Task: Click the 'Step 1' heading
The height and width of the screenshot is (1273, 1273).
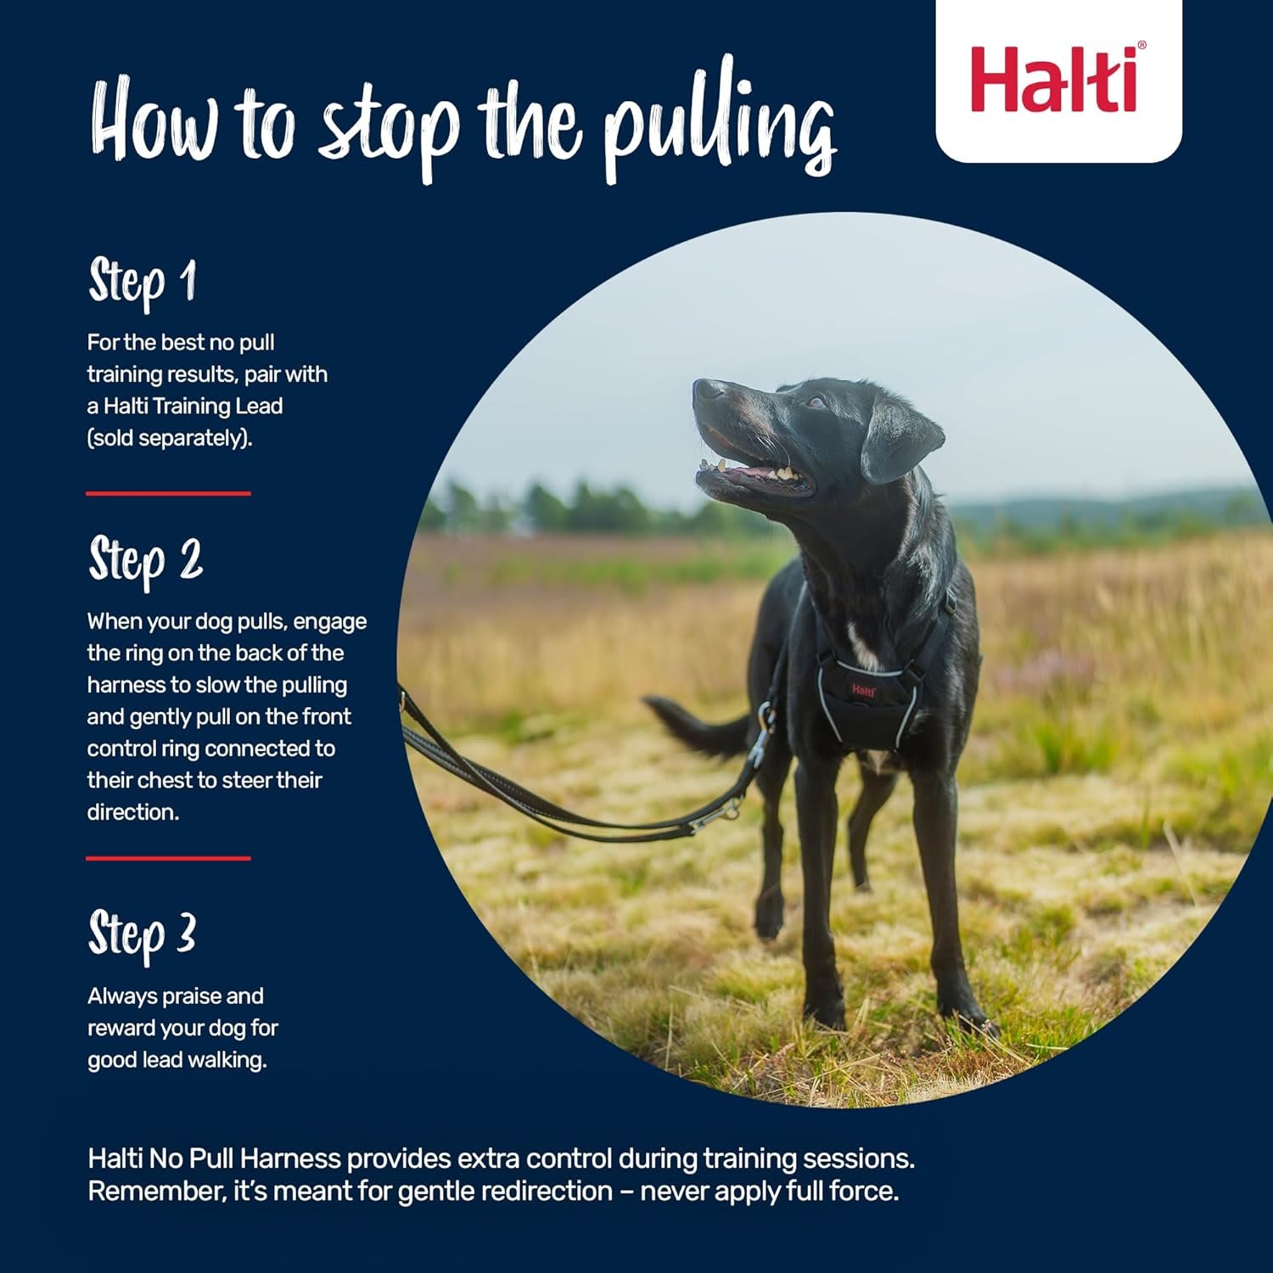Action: (x=143, y=282)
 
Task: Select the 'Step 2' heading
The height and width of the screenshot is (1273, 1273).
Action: (x=146, y=561)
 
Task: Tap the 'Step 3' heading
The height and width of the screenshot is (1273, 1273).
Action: (x=143, y=934)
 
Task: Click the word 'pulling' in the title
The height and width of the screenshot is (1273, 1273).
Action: (x=719, y=127)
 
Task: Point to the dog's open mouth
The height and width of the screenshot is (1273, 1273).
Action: (x=751, y=474)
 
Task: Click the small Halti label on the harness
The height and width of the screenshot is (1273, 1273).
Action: (x=863, y=690)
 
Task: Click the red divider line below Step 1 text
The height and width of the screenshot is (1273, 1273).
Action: (x=168, y=493)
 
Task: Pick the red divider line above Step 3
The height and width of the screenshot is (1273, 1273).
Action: (x=168, y=858)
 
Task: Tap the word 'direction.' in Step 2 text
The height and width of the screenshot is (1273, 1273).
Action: (x=133, y=812)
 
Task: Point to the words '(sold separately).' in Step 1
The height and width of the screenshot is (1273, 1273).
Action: (x=170, y=439)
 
